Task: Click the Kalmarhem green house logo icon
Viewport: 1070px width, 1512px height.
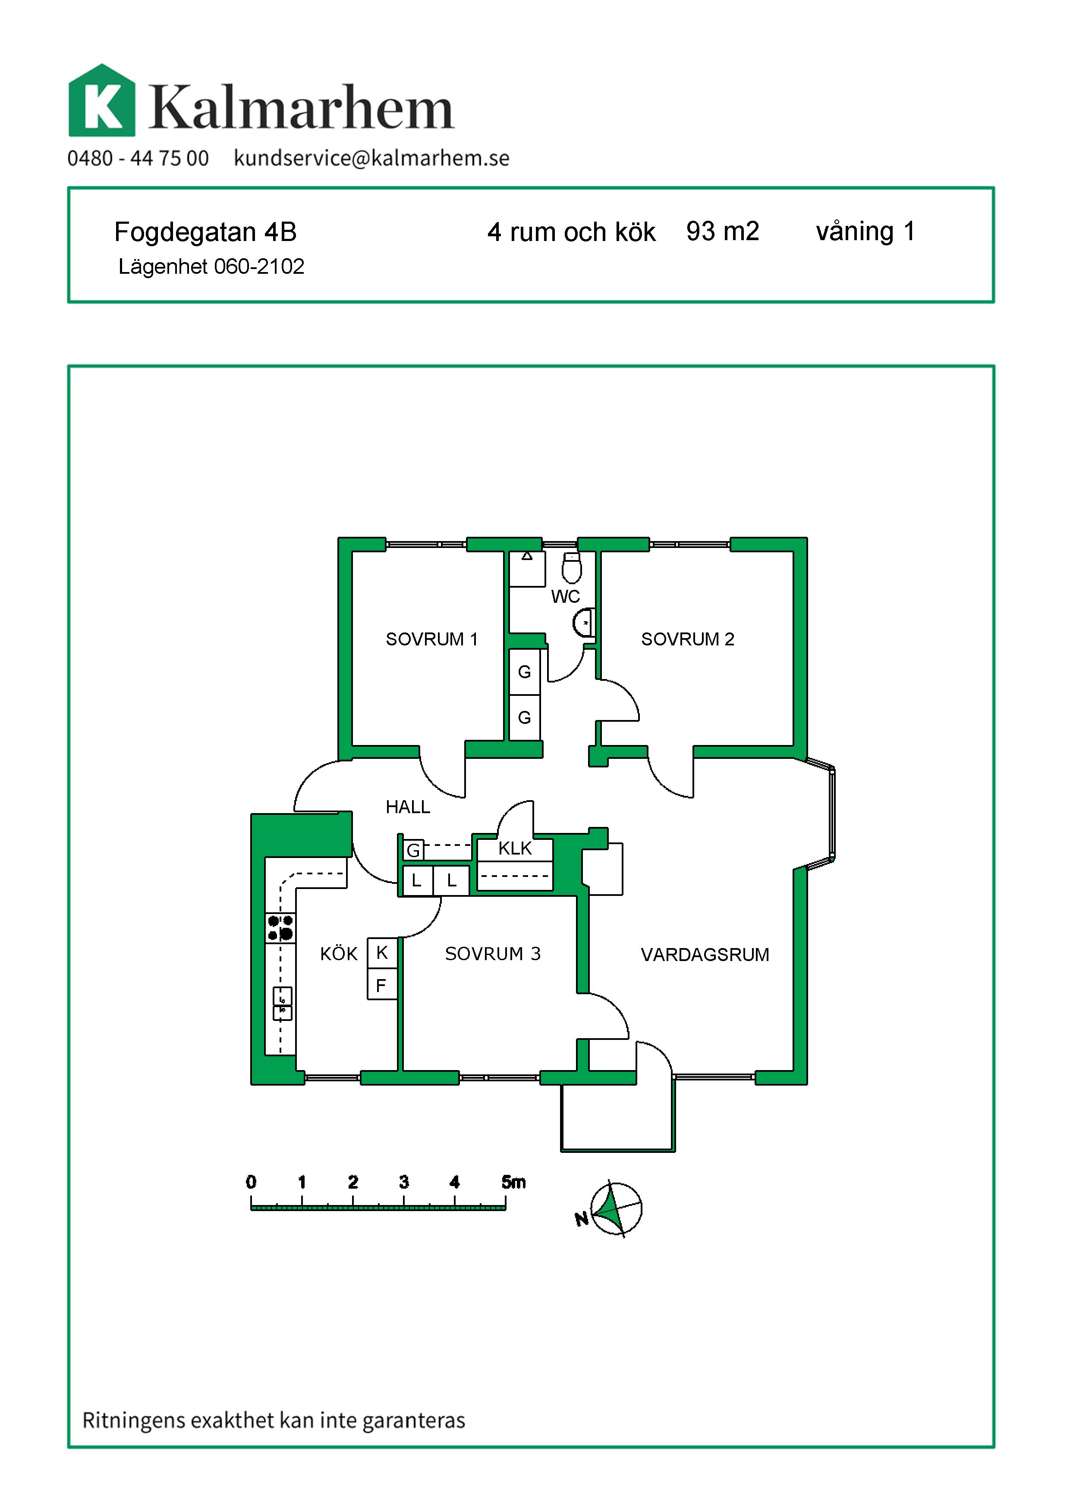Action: [102, 101]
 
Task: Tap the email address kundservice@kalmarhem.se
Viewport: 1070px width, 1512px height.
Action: [371, 159]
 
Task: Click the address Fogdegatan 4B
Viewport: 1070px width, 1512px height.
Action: [205, 232]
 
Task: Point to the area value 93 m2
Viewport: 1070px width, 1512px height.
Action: [723, 231]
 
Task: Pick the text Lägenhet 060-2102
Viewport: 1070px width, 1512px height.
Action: [211, 267]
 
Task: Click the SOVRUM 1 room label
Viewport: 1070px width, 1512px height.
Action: [431, 639]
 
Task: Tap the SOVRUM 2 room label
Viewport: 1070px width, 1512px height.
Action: [687, 639]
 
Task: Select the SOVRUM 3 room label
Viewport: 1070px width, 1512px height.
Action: [492, 954]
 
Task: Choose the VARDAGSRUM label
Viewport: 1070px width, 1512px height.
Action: [705, 955]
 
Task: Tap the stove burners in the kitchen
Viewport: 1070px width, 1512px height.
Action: [280, 928]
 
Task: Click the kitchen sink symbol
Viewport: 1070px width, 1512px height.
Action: [282, 1004]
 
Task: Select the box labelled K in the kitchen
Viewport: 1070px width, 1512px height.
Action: [382, 953]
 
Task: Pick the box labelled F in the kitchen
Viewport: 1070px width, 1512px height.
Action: [382, 985]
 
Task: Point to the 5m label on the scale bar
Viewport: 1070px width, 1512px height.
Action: [513, 1182]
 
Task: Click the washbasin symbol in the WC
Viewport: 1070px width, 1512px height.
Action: [585, 622]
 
